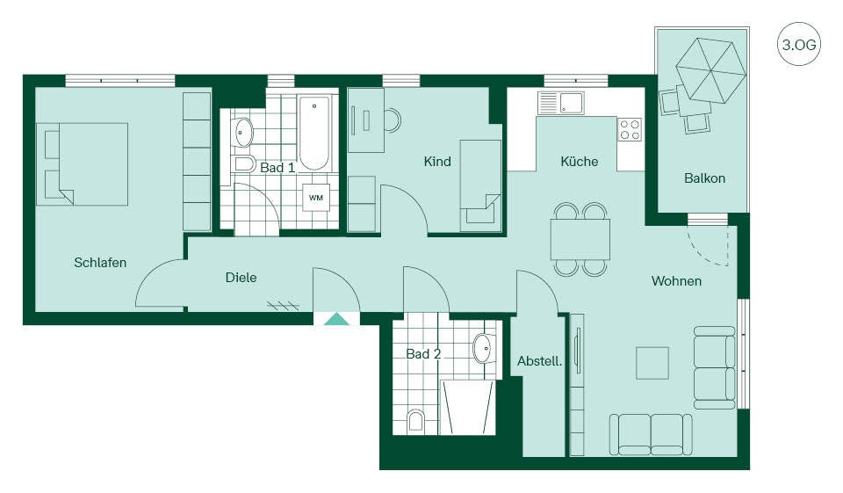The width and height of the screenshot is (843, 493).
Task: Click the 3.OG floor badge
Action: click(x=799, y=44)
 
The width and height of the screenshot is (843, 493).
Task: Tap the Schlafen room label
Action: click(x=100, y=263)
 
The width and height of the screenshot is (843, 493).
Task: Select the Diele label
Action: click(x=241, y=278)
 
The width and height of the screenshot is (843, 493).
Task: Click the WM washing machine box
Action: click(x=315, y=198)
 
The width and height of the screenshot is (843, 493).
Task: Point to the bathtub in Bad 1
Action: click(x=313, y=133)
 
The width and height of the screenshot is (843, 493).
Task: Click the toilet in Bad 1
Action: click(x=245, y=163)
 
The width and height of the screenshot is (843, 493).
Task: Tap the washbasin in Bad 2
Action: click(x=483, y=348)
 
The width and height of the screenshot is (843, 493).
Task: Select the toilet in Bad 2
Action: click(x=415, y=421)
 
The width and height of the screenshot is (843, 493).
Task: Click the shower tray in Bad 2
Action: click(x=467, y=407)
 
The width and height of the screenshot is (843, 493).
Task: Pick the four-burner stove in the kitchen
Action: click(x=630, y=129)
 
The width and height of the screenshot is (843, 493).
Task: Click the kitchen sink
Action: click(x=561, y=104)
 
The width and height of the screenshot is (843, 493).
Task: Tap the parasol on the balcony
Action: click(x=711, y=70)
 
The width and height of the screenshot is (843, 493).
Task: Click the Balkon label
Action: click(x=704, y=178)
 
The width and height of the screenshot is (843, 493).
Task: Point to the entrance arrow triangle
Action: click(x=337, y=320)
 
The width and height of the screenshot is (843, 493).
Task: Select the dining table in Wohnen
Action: click(x=580, y=240)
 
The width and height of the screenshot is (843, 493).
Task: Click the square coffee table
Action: click(x=652, y=363)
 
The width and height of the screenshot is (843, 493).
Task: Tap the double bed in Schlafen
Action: click(x=83, y=164)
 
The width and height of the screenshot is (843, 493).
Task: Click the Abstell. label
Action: click(x=540, y=361)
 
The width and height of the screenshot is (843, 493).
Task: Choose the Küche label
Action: click(x=579, y=162)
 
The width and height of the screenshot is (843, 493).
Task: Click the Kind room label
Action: click(x=437, y=162)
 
